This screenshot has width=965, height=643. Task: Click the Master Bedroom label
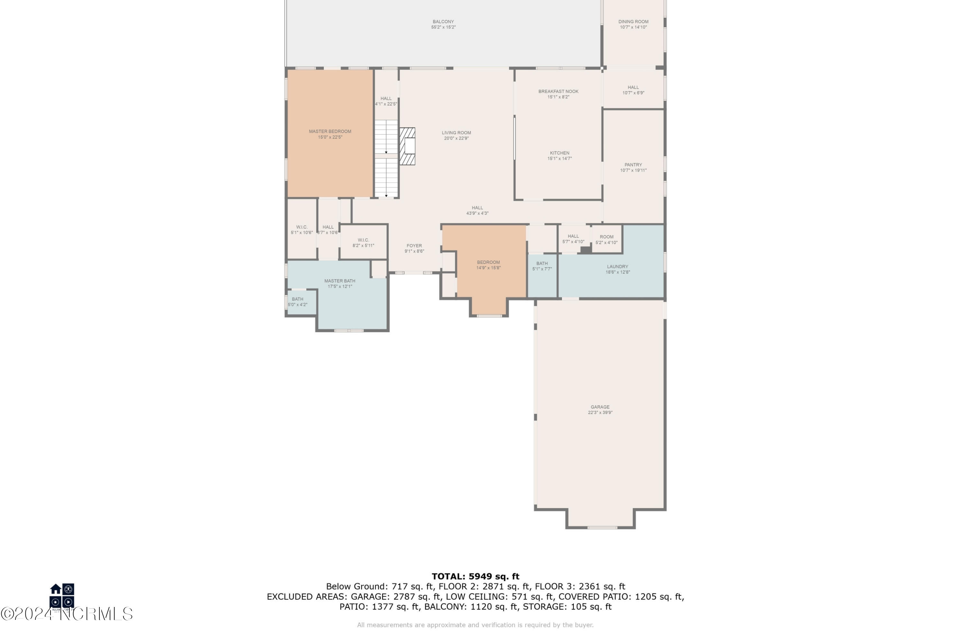330,132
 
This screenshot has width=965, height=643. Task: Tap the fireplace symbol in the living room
408,146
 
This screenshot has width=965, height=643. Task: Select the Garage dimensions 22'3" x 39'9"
600,413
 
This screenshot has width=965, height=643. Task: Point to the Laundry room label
617,267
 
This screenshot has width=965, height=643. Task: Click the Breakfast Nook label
558,91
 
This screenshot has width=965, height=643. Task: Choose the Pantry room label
633,165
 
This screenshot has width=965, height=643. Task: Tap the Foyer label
414,246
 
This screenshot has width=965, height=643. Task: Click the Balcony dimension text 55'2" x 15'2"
443,27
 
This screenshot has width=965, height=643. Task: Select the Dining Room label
633,22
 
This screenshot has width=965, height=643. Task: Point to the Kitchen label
559,153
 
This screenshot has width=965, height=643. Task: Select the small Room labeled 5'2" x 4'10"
606,240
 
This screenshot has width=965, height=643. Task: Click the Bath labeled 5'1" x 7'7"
542,266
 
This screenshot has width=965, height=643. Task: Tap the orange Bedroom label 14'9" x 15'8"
488,262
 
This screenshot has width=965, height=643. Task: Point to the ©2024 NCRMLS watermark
67,614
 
